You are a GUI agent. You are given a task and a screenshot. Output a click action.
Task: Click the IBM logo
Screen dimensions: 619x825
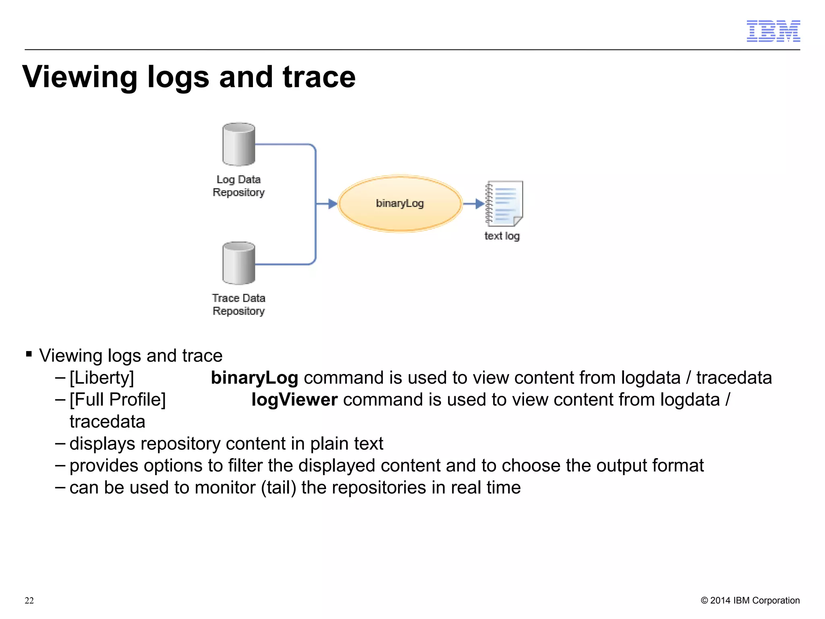click(773, 31)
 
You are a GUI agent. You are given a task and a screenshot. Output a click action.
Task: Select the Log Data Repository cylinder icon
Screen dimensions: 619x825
click(238, 144)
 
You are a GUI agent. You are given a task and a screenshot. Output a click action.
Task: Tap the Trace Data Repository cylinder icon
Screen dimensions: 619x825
click(238, 263)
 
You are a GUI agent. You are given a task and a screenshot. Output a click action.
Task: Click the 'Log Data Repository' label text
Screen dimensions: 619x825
click(238, 186)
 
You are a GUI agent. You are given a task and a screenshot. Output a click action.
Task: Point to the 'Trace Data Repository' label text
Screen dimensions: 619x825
click(238, 305)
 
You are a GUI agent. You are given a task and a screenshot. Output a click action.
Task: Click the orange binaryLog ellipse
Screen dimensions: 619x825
click(400, 204)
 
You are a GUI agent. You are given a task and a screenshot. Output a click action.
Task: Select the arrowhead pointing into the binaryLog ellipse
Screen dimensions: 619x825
click(332, 204)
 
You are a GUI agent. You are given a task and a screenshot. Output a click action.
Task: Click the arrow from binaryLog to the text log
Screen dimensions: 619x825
click(474, 204)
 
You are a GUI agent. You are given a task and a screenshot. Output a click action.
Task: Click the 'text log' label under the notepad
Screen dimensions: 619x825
click(502, 236)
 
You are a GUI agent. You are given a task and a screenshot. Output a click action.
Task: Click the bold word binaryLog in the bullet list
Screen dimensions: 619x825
click(254, 378)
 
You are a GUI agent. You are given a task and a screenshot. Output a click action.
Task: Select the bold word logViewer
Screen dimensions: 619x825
click(294, 400)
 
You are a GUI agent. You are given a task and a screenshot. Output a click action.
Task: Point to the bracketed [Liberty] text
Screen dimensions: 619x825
click(102, 378)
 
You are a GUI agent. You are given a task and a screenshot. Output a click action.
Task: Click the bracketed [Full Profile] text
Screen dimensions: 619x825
click(118, 400)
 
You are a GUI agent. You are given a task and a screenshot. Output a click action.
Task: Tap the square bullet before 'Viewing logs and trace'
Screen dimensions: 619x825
click(29, 354)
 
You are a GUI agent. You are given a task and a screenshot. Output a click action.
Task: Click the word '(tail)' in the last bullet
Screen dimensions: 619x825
click(278, 488)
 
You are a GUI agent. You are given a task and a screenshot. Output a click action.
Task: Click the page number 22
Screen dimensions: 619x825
click(29, 600)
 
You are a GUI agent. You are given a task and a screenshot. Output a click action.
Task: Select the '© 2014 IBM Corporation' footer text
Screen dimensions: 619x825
click(750, 600)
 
